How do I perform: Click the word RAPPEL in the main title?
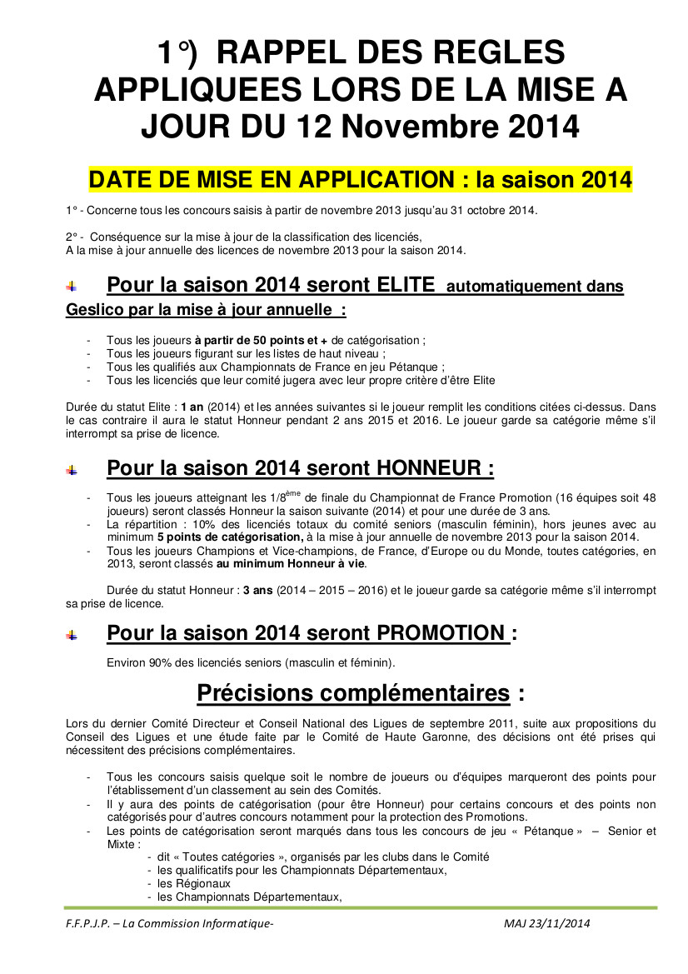pyautogui.click(x=282, y=54)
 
